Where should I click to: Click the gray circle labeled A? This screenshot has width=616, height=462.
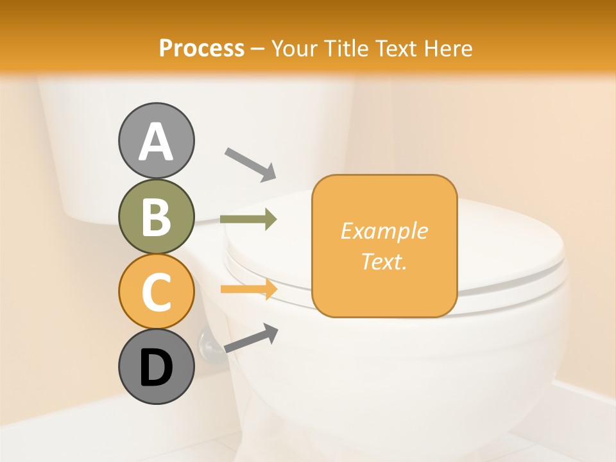156,141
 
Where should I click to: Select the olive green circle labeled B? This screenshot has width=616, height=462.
156,216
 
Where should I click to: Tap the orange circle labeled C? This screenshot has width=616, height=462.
156,291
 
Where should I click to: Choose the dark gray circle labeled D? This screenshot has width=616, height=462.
156,366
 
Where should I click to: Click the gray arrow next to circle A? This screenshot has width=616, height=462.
250,164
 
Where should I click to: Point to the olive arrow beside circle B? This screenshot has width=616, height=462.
248,219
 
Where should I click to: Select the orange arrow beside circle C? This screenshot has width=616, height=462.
248,289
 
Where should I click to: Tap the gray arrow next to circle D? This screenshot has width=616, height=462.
251,338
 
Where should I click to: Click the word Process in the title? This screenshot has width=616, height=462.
201,48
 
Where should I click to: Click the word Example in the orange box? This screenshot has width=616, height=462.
384,231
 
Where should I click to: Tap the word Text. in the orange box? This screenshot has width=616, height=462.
384,261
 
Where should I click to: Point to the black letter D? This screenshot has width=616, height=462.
156,368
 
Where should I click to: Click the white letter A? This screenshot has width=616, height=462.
156,142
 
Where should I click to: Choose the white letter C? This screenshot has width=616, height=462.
156,293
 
